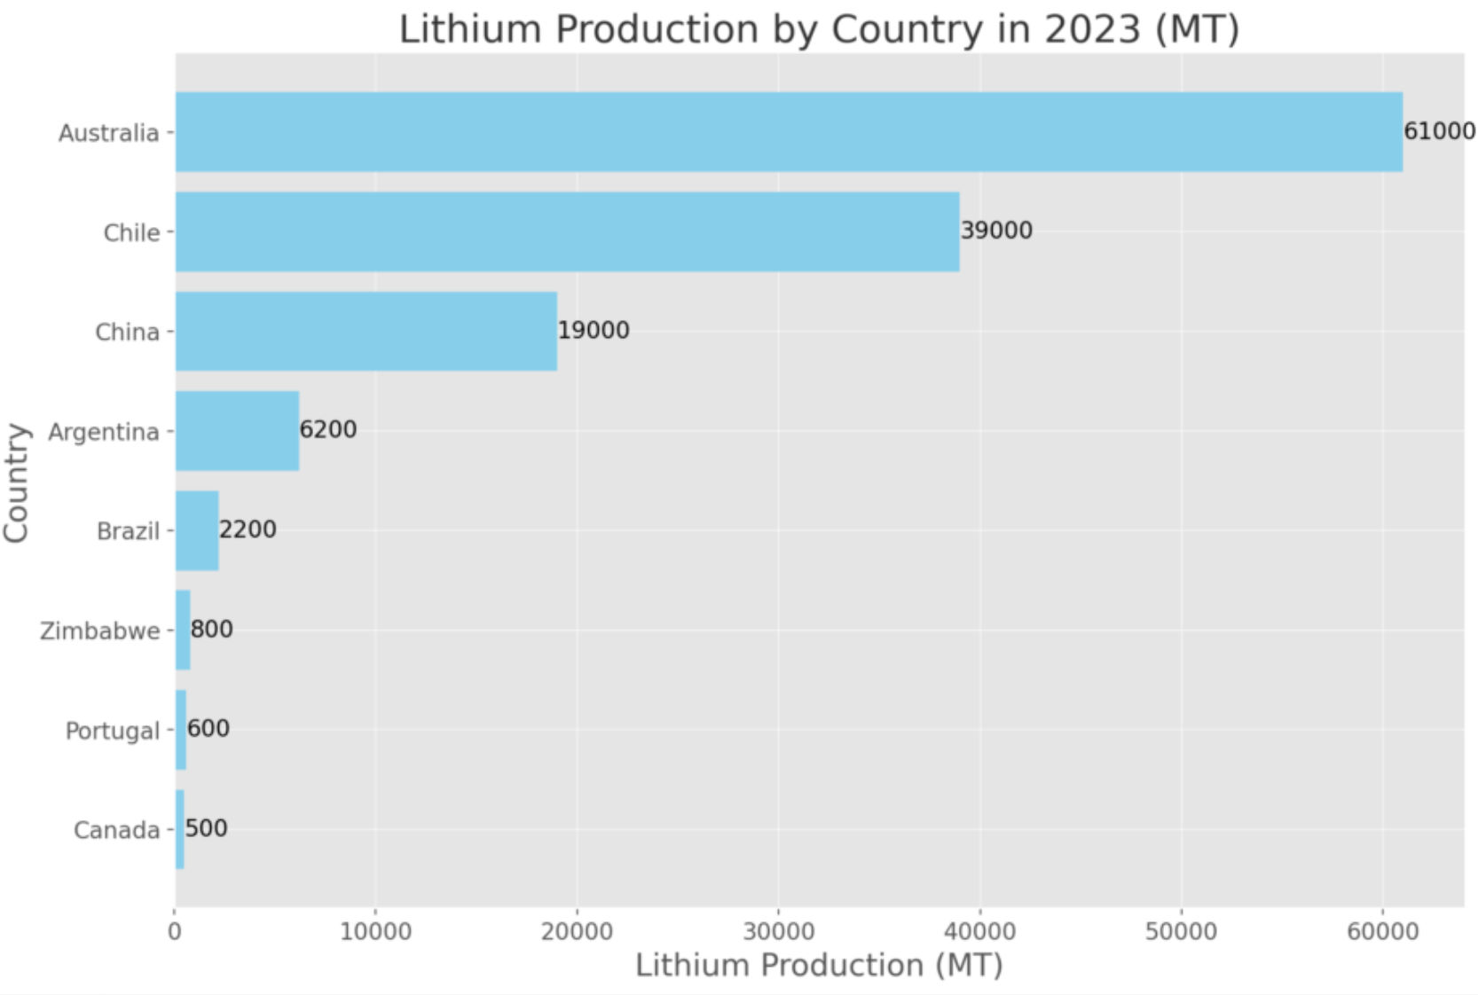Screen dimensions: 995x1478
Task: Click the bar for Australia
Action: pos(788,132)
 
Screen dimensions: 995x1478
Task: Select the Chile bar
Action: pos(567,231)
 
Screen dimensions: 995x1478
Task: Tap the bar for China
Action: pos(366,332)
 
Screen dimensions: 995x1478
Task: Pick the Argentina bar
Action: pos(237,431)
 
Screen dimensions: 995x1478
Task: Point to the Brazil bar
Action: pos(197,530)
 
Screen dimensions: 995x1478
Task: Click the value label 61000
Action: pos(1439,131)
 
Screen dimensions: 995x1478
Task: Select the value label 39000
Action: pos(996,231)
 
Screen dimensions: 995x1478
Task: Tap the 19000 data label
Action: pos(594,331)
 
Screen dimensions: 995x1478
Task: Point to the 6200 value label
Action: pos(328,430)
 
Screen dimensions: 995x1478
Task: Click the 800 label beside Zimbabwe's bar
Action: pos(212,630)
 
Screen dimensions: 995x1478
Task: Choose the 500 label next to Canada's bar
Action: pos(207,828)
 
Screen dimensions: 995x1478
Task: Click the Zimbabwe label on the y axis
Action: pos(100,631)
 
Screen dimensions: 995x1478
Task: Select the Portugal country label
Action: pos(113,732)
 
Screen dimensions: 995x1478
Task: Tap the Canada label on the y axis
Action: pos(117,831)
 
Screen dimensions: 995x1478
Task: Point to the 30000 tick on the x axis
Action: pos(778,932)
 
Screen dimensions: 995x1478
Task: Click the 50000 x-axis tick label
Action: pos(1181,932)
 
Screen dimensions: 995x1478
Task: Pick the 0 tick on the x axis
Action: pos(175,932)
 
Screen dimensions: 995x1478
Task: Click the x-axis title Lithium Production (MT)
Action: pos(819,966)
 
